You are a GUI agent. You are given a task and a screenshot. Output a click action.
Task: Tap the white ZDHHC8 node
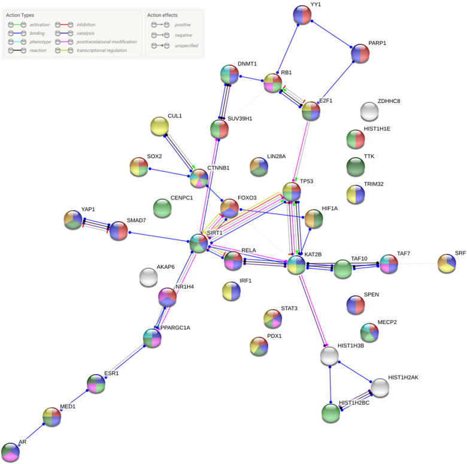coord(369,111)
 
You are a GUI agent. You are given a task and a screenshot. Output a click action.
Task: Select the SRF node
coord(446,263)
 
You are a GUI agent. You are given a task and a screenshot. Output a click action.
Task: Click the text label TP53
coord(307,180)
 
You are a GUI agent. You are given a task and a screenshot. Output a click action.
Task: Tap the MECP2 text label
coord(387,322)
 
